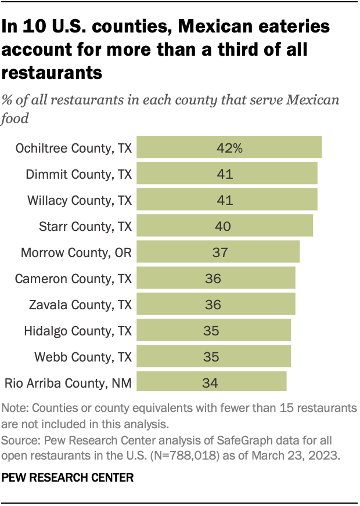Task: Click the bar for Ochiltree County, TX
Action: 229,148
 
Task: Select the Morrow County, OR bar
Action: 218,252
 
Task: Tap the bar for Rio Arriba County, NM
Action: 211,383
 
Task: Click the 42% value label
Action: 229,148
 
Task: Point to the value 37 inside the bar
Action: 220,252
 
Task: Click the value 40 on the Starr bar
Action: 223,226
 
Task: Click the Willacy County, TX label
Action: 80,200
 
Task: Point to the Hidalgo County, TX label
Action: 78,331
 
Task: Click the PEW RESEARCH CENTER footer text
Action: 68,478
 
